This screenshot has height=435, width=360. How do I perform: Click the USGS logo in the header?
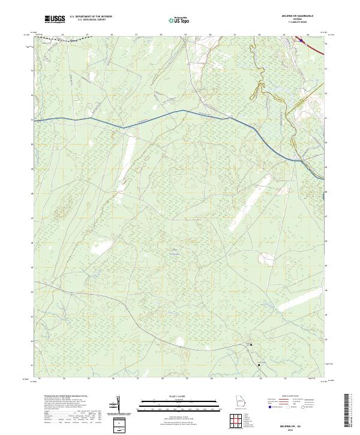(x=55, y=19)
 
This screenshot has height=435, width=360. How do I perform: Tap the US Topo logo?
(x=181, y=20)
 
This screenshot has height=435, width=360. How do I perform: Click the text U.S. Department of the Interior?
(x=91, y=17)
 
